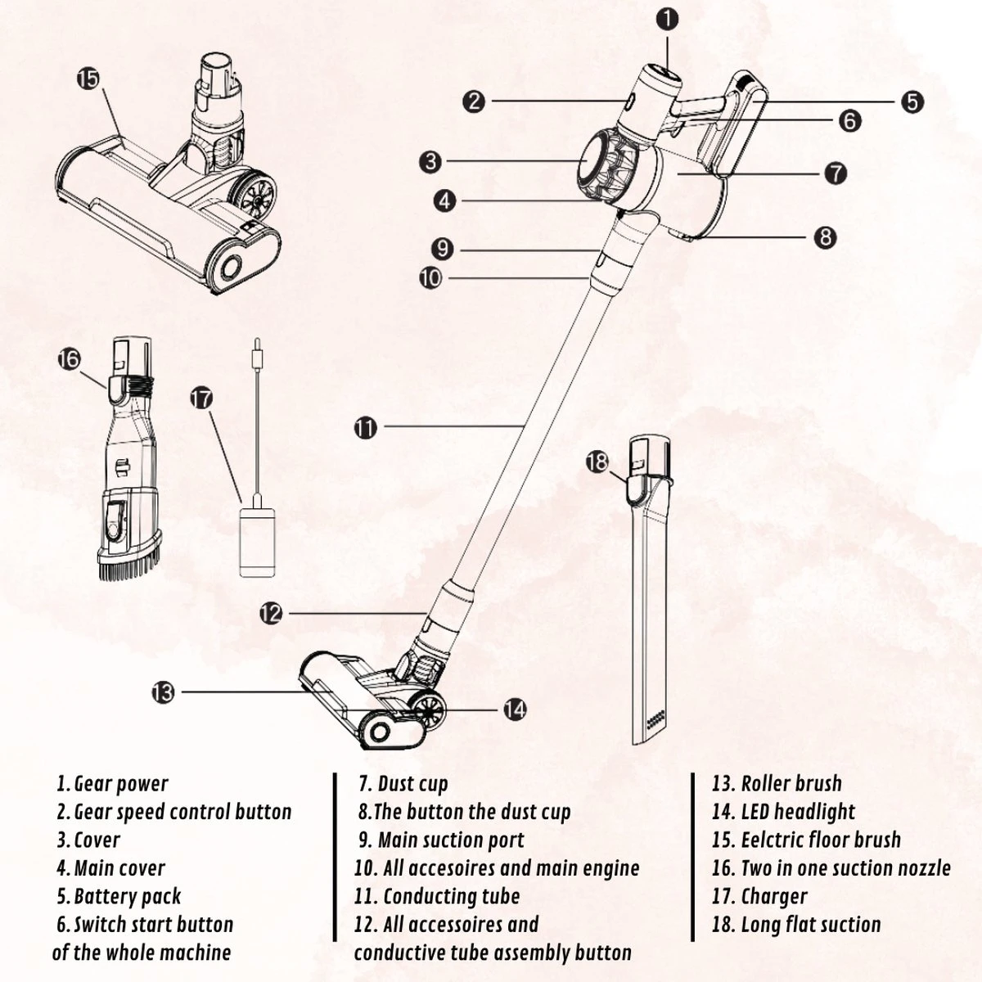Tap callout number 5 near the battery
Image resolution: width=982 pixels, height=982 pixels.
coord(912,101)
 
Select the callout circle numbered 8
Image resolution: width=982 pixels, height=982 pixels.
coord(825,237)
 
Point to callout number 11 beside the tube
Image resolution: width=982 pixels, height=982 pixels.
coord(366,426)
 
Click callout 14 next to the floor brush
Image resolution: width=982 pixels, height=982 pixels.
coord(514,709)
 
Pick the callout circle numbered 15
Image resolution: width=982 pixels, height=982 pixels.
coord(88,79)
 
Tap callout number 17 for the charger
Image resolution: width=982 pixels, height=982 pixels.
coord(201,399)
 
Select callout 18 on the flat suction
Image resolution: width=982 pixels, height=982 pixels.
coord(598,462)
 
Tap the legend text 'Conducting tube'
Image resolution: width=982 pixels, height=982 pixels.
coord(450,896)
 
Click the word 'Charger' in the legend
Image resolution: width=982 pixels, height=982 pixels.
coord(773,896)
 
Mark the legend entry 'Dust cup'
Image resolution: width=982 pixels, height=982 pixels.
coord(412,784)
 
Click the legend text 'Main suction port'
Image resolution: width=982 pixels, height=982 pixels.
coord(450,840)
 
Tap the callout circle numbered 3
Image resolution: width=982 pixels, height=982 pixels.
coord(431,162)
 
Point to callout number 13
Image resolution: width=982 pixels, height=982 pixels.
coord(163,692)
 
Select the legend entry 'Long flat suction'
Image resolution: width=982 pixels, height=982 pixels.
coord(810,925)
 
